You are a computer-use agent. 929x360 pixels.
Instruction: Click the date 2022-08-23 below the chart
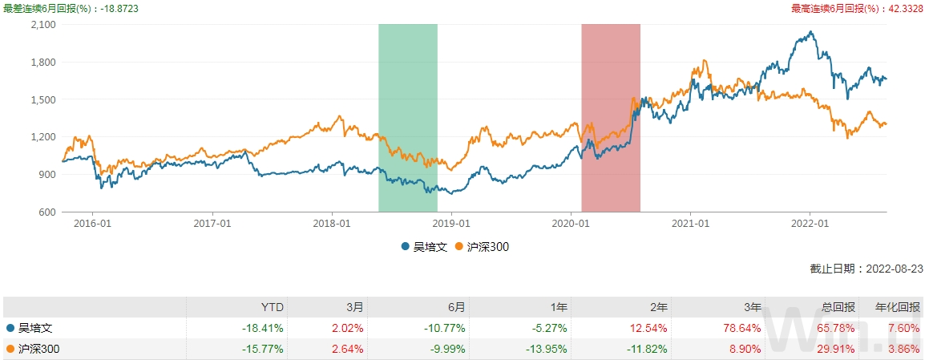[x=892, y=269]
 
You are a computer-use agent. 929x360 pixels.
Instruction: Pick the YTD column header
[x=273, y=307]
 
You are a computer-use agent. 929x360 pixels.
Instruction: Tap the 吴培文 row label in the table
[x=35, y=328]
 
